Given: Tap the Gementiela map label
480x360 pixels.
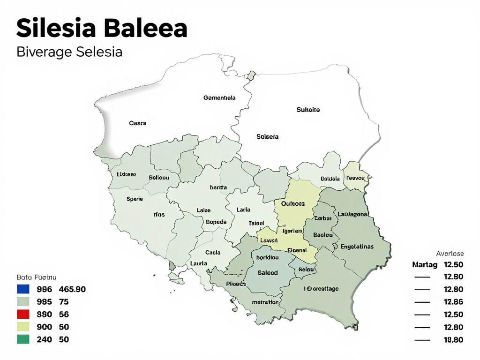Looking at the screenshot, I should coord(219,98).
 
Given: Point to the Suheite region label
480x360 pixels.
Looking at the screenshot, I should coord(308,110).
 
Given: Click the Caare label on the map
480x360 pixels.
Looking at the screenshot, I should coord(137,123).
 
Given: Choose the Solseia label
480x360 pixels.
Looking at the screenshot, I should coord(267,137).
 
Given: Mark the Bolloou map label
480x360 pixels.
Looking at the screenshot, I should coord(158,178).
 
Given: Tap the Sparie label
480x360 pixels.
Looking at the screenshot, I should coord(135,199).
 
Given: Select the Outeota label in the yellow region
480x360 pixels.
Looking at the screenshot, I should coord(292,204).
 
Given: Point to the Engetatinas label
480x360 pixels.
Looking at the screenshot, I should coord(357,247).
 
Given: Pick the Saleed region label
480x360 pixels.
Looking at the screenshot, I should coord(268,273).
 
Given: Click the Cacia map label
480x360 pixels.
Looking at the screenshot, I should coord(213,253).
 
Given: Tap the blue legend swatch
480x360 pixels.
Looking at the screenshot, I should coord(23,289).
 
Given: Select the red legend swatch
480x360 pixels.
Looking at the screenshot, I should coord(23,315).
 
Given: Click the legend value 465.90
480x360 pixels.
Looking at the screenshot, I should coord(73,289).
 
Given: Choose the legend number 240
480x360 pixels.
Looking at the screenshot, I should coord(44,340).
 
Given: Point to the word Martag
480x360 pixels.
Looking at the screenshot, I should coord(425,265).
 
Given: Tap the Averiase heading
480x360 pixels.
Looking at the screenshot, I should coord(450,253).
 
